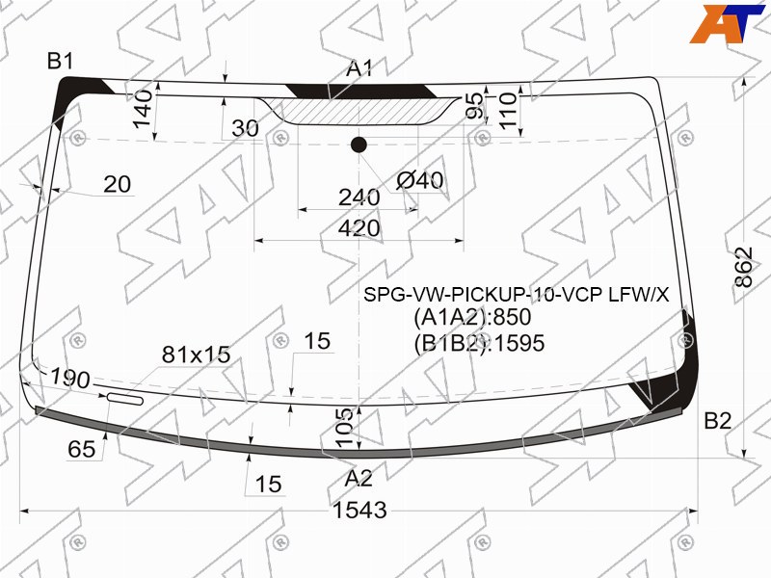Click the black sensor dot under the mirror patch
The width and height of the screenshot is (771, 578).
(x=359, y=145)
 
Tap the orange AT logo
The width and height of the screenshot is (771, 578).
(x=727, y=23)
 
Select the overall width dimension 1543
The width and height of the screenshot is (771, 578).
(x=359, y=511)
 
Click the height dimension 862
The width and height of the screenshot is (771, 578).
(x=744, y=267)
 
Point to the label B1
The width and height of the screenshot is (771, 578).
(x=61, y=62)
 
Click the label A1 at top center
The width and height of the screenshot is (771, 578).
(x=359, y=68)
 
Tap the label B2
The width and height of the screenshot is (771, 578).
(x=717, y=421)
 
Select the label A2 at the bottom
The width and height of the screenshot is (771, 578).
(x=359, y=478)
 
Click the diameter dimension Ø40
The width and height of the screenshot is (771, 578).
(x=419, y=180)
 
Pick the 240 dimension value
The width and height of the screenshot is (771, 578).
(x=359, y=197)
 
